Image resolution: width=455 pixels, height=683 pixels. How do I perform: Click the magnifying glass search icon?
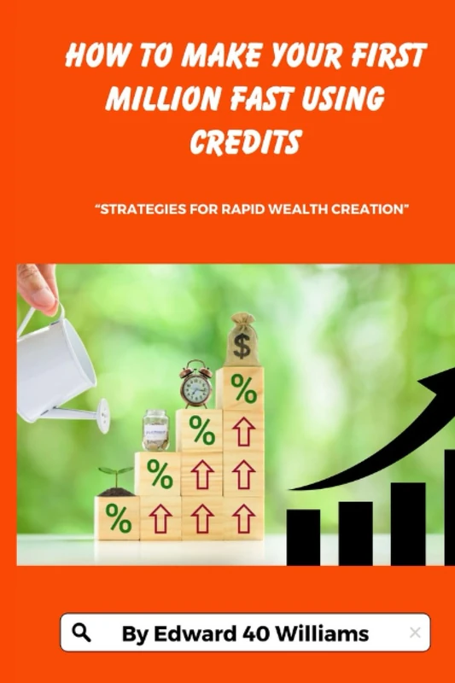(x=81, y=632)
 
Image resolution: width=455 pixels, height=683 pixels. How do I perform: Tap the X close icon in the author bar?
(x=415, y=633)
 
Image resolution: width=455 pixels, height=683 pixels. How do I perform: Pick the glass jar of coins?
(x=155, y=430)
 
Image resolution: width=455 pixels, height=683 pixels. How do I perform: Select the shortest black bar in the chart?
(x=303, y=537)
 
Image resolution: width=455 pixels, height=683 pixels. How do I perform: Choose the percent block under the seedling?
(x=117, y=517)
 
